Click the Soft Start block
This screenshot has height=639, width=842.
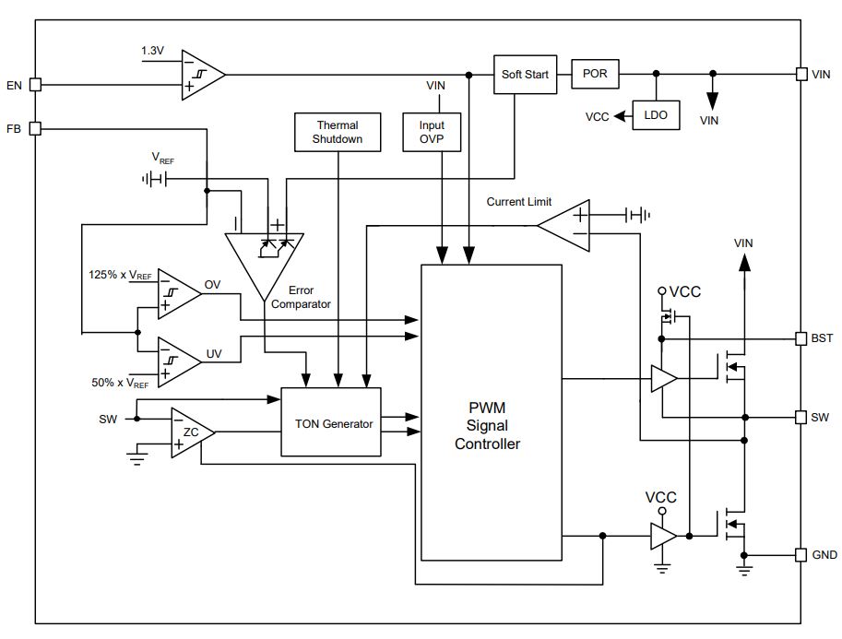click(525, 75)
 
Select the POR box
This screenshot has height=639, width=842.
click(595, 74)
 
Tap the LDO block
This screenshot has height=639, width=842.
click(656, 115)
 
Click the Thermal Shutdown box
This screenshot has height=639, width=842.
click(338, 132)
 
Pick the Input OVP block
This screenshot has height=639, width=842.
click(432, 132)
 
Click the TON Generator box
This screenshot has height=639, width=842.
click(331, 422)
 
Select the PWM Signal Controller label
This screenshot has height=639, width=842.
click(488, 426)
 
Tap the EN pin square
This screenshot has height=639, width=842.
click(35, 85)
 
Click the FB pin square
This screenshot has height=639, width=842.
click(35, 129)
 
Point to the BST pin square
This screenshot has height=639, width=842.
click(800, 338)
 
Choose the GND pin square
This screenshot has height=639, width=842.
click(800, 555)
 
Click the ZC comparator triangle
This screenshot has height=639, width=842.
click(192, 432)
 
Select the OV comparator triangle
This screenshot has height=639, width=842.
click(179, 294)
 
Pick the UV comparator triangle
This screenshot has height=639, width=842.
click(179, 362)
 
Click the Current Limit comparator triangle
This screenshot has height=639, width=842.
click(563, 226)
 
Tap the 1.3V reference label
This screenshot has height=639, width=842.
click(152, 51)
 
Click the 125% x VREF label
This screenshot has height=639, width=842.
click(120, 275)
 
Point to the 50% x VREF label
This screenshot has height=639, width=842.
click(120, 383)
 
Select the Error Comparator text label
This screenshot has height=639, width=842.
click(301, 297)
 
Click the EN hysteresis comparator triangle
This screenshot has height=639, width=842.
click(203, 76)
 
